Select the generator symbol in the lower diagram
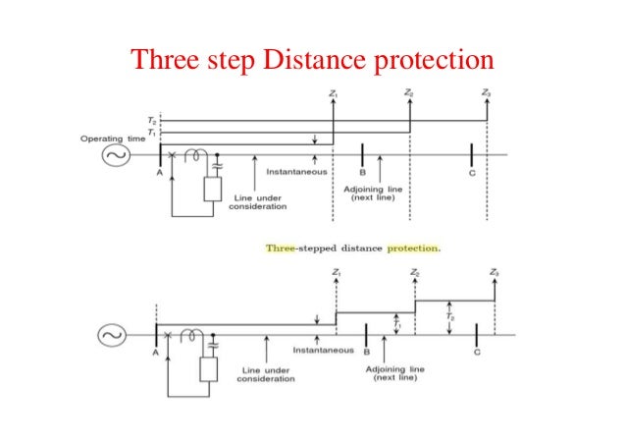click(109, 336)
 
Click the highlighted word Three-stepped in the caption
click(297, 248)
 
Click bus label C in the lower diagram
click(477, 351)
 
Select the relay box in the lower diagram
click(209, 368)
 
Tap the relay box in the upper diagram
click(213, 188)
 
